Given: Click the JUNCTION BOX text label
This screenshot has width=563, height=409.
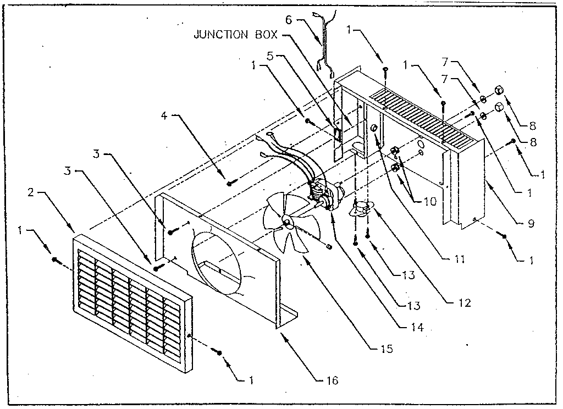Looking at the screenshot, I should coord(235,35).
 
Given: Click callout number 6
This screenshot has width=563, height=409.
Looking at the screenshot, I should coord(288,19).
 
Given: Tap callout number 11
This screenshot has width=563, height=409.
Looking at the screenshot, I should coord(460,258).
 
